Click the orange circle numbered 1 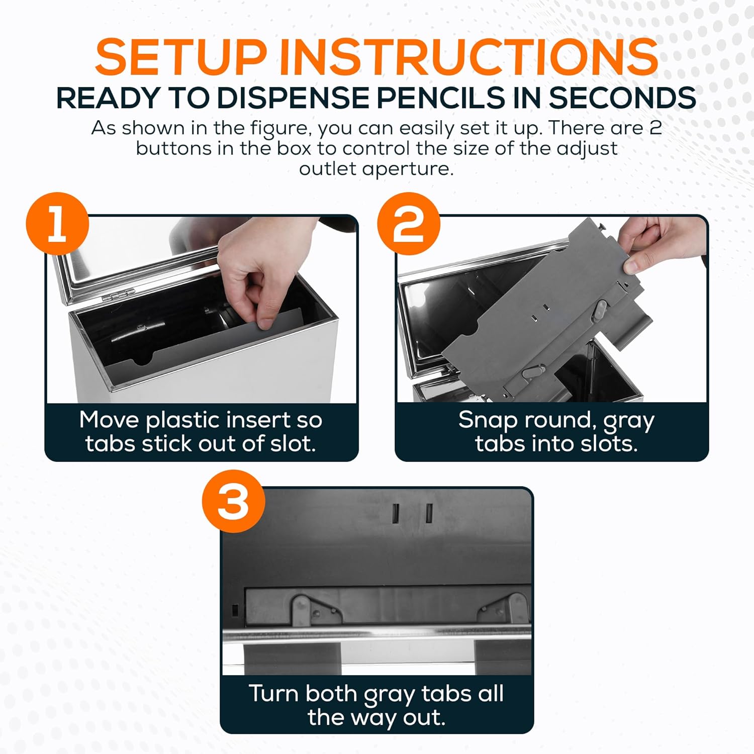coord(57,224)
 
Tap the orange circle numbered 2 coord(408,224)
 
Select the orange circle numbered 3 coord(233,501)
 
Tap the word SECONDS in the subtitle coord(622,98)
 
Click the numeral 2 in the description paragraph coord(655,128)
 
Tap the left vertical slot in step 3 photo coord(396,513)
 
